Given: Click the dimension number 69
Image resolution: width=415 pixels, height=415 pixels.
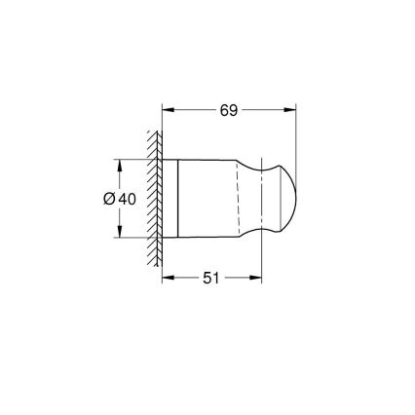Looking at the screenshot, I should (x=228, y=110).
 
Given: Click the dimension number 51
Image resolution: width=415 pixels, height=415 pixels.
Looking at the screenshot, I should (x=211, y=279).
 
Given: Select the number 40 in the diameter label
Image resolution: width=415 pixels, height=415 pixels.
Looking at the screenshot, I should (x=127, y=199).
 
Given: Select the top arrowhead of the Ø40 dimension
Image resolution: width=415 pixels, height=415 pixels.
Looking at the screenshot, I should (x=120, y=163).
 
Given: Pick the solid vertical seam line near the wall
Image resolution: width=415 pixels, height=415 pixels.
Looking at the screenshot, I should (x=178, y=197).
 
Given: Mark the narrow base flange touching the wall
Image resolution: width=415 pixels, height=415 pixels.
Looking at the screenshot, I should (x=170, y=197).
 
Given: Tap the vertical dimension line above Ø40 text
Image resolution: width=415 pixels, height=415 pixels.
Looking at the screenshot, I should (x=120, y=175).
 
